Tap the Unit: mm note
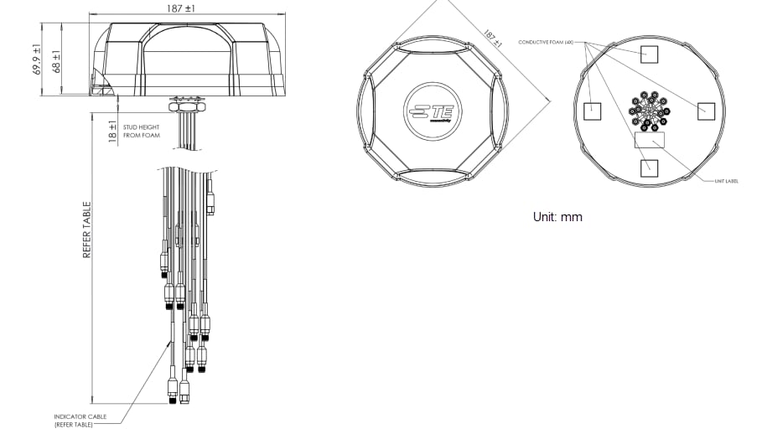click(557, 217)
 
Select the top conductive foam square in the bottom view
click(650, 54)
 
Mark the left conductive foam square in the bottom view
click(594, 110)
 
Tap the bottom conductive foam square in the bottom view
click(650, 167)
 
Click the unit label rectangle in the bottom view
click(650, 140)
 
